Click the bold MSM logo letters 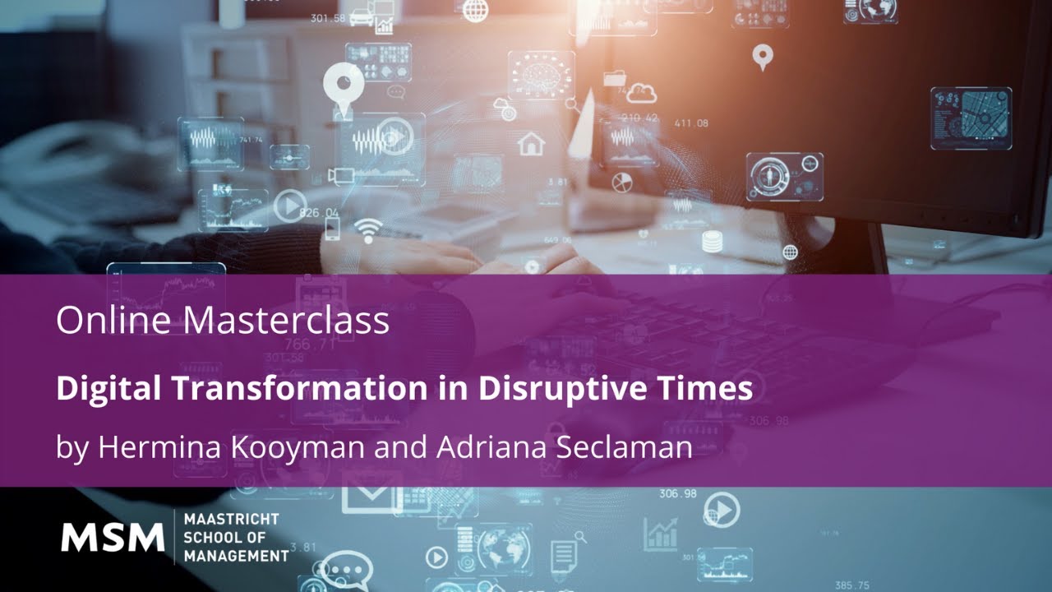(113, 538)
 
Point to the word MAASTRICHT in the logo (231, 519)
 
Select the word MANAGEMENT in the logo (236, 557)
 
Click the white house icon (531, 144)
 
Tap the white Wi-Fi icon (367, 229)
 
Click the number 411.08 (690, 123)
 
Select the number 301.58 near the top (328, 18)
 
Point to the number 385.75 (851, 585)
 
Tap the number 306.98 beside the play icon (677, 494)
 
